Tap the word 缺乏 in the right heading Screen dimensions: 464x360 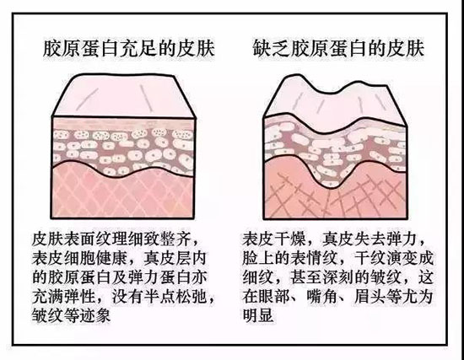(271, 48)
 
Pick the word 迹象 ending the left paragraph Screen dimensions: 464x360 (96, 315)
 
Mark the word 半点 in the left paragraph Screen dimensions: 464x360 (159, 296)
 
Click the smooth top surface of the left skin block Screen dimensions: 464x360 (124, 95)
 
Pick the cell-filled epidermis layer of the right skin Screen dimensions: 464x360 (334, 151)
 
